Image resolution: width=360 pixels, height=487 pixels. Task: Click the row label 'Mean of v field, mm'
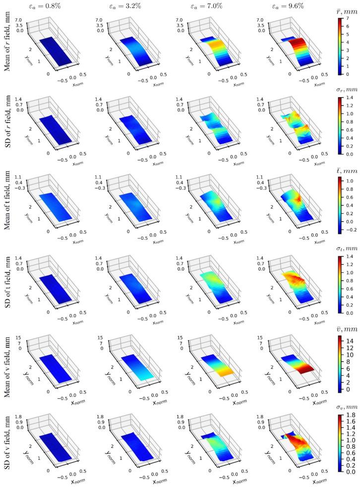7,367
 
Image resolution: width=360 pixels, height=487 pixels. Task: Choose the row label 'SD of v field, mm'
7,446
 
